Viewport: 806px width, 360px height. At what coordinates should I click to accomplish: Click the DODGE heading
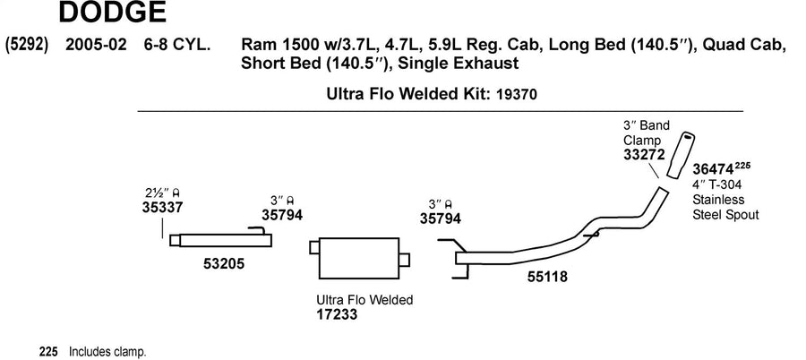tap(113, 13)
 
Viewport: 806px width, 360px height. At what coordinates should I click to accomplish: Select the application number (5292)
tap(27, 45)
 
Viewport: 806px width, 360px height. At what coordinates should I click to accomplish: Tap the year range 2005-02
tap(96, 45)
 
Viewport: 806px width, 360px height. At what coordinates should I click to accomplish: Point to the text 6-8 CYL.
tap(176, 45)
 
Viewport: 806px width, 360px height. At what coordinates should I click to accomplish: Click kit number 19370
tap(517, 95)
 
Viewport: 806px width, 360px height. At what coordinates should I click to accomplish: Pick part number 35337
tap(162, 207)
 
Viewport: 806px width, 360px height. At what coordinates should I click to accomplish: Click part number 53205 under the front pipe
tap(224, 264)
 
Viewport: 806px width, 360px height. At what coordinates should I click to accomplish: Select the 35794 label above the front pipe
tap(282, 214)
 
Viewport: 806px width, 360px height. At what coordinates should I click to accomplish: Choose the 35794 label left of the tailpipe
tap(440, 218)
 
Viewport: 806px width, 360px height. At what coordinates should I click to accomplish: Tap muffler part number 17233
tap(337, 313)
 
